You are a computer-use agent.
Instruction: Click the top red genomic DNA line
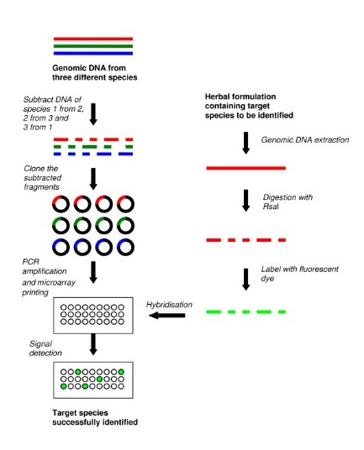pyautogui.click(x=92, y=39)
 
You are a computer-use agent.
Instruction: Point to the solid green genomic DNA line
pyautogui.click(x=92, y=46)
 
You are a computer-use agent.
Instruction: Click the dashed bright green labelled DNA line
pyautogui.click(x=245, y=312)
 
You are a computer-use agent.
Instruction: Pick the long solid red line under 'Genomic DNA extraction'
pyautogui.click(x=245, y=169)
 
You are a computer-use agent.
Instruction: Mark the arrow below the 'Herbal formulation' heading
pyautogui.click(x=245, y=139)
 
